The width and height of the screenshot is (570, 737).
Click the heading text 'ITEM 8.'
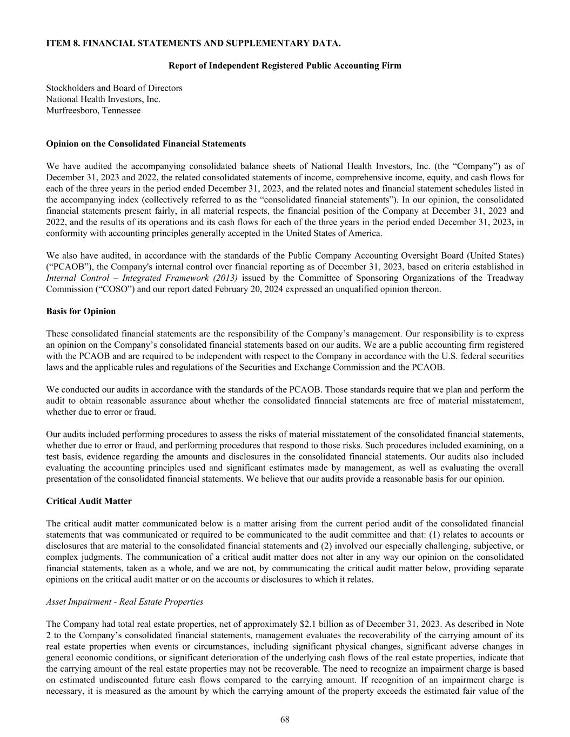pos(61,43)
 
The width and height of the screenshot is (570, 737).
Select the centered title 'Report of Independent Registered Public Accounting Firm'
pos(285,65)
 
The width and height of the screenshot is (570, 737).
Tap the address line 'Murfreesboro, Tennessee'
pos(93,110)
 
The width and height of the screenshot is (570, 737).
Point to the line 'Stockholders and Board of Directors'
pos(114,88)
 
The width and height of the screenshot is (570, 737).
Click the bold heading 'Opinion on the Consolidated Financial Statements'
pos(146,144)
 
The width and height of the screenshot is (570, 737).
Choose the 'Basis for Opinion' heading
pos(81,311)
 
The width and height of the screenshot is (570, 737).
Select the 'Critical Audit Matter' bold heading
pos(89,501)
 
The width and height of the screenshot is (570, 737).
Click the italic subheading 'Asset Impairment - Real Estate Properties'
pos(125,601)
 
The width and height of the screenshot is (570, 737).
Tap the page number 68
pos(285,719)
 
